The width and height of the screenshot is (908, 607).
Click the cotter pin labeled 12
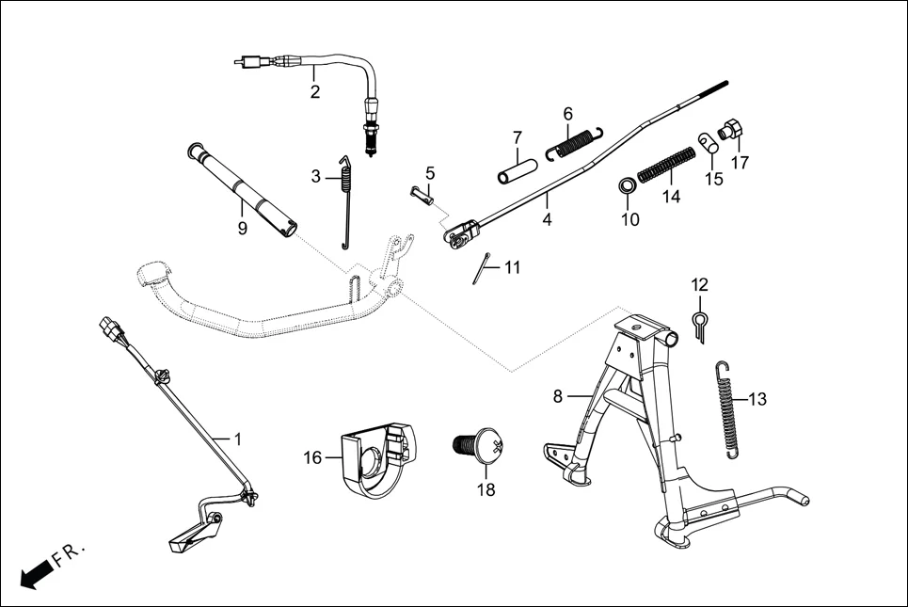[x=700, y=325]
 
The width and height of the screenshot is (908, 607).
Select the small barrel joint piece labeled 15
[x=709, y=142]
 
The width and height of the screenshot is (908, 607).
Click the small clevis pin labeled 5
[x=422, y=195]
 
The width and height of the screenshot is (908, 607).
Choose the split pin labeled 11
[x=483, y=271]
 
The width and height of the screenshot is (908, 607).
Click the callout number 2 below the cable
[x=315, y=92]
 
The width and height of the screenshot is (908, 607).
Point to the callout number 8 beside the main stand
[x=558, y=397]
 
